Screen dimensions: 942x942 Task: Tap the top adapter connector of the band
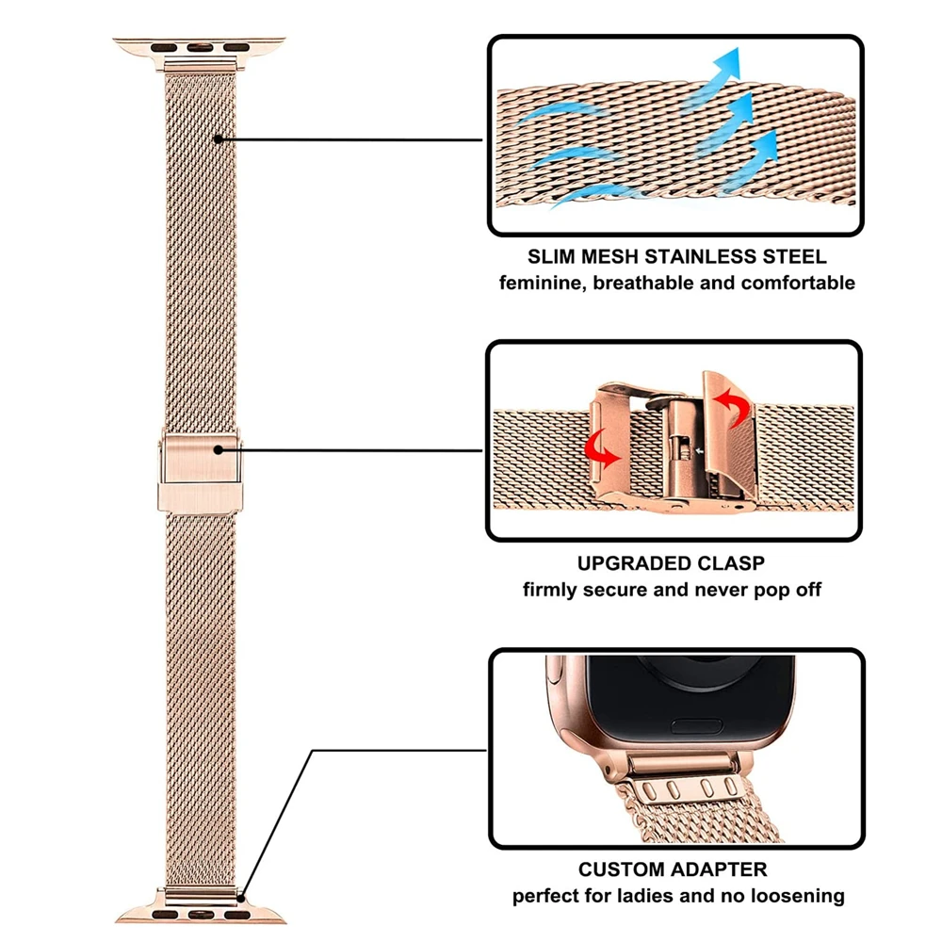[199, 48]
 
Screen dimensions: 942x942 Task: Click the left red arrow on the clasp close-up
[603, 451]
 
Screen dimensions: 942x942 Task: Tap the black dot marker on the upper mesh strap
[219, 139]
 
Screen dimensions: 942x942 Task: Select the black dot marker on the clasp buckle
[219, 449]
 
